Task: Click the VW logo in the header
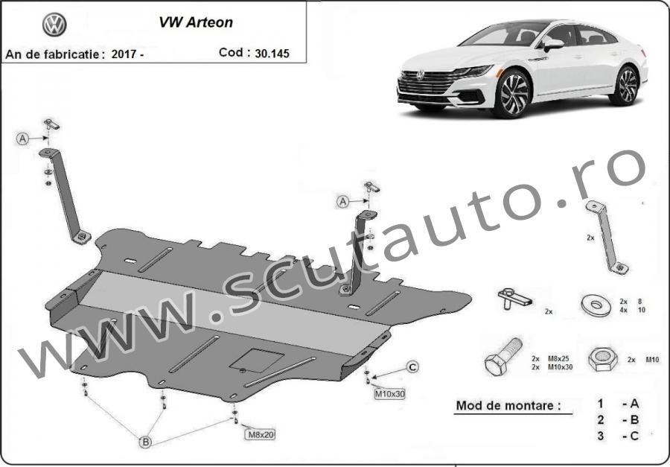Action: pyautogui.click(x=54, y=25)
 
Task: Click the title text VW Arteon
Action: pyautogui.click(x=196, y=22)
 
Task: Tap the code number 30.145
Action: pyautogui.click(x=272, y=54)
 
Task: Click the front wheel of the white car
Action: pyautogui.click(x=513, y=93)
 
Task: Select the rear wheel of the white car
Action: pyautogui.click(x=626, y=86)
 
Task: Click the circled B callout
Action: pyautogui.click(x=146, y=442)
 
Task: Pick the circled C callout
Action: pyautogui.click(x=412, y=367)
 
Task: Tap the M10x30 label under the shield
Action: pyautogui.click(x=389, y=394)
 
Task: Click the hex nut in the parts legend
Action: pyautogui.click(x=602, y=359)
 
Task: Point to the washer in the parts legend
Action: pyautogui.click(x=596, y=305)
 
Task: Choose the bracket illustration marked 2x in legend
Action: pyautogui.click(x=606, y=237)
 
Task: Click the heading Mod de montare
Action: pyautogui.click(x=508, y=405)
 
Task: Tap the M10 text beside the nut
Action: pyautogui.click(x=652, y=360)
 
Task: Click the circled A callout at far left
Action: pyautogui.click(x=22, y=139)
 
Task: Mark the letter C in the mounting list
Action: pyautogui.click(x=634, y=436)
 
